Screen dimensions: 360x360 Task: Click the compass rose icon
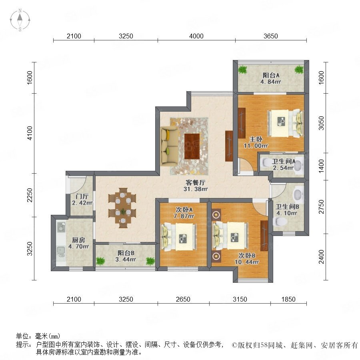[20, 20]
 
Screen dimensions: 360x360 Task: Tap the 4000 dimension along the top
[196, 36]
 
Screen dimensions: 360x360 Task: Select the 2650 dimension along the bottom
[183, 299]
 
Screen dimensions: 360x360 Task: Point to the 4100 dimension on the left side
[30, 133]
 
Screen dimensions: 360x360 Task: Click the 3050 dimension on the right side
[322, 123]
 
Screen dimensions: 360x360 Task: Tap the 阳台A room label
[271, 75]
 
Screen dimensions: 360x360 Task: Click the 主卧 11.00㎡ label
[256, 142]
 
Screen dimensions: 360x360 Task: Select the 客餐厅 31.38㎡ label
[195, 186]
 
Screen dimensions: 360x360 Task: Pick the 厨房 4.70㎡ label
[78, 243]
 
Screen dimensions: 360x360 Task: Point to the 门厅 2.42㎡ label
[82, 200]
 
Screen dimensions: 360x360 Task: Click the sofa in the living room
[170, 146]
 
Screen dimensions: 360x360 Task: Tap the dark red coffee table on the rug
[192, 146]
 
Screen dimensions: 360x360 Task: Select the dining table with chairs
[122, 208]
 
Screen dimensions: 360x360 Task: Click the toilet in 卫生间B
[280, 222]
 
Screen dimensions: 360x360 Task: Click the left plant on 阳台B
[100, 261]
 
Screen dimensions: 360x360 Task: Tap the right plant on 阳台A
[299, 69]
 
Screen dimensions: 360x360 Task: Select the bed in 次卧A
[180, 237]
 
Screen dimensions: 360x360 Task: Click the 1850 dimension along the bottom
[288, 299]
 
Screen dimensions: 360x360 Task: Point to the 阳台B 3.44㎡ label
[126, 256]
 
